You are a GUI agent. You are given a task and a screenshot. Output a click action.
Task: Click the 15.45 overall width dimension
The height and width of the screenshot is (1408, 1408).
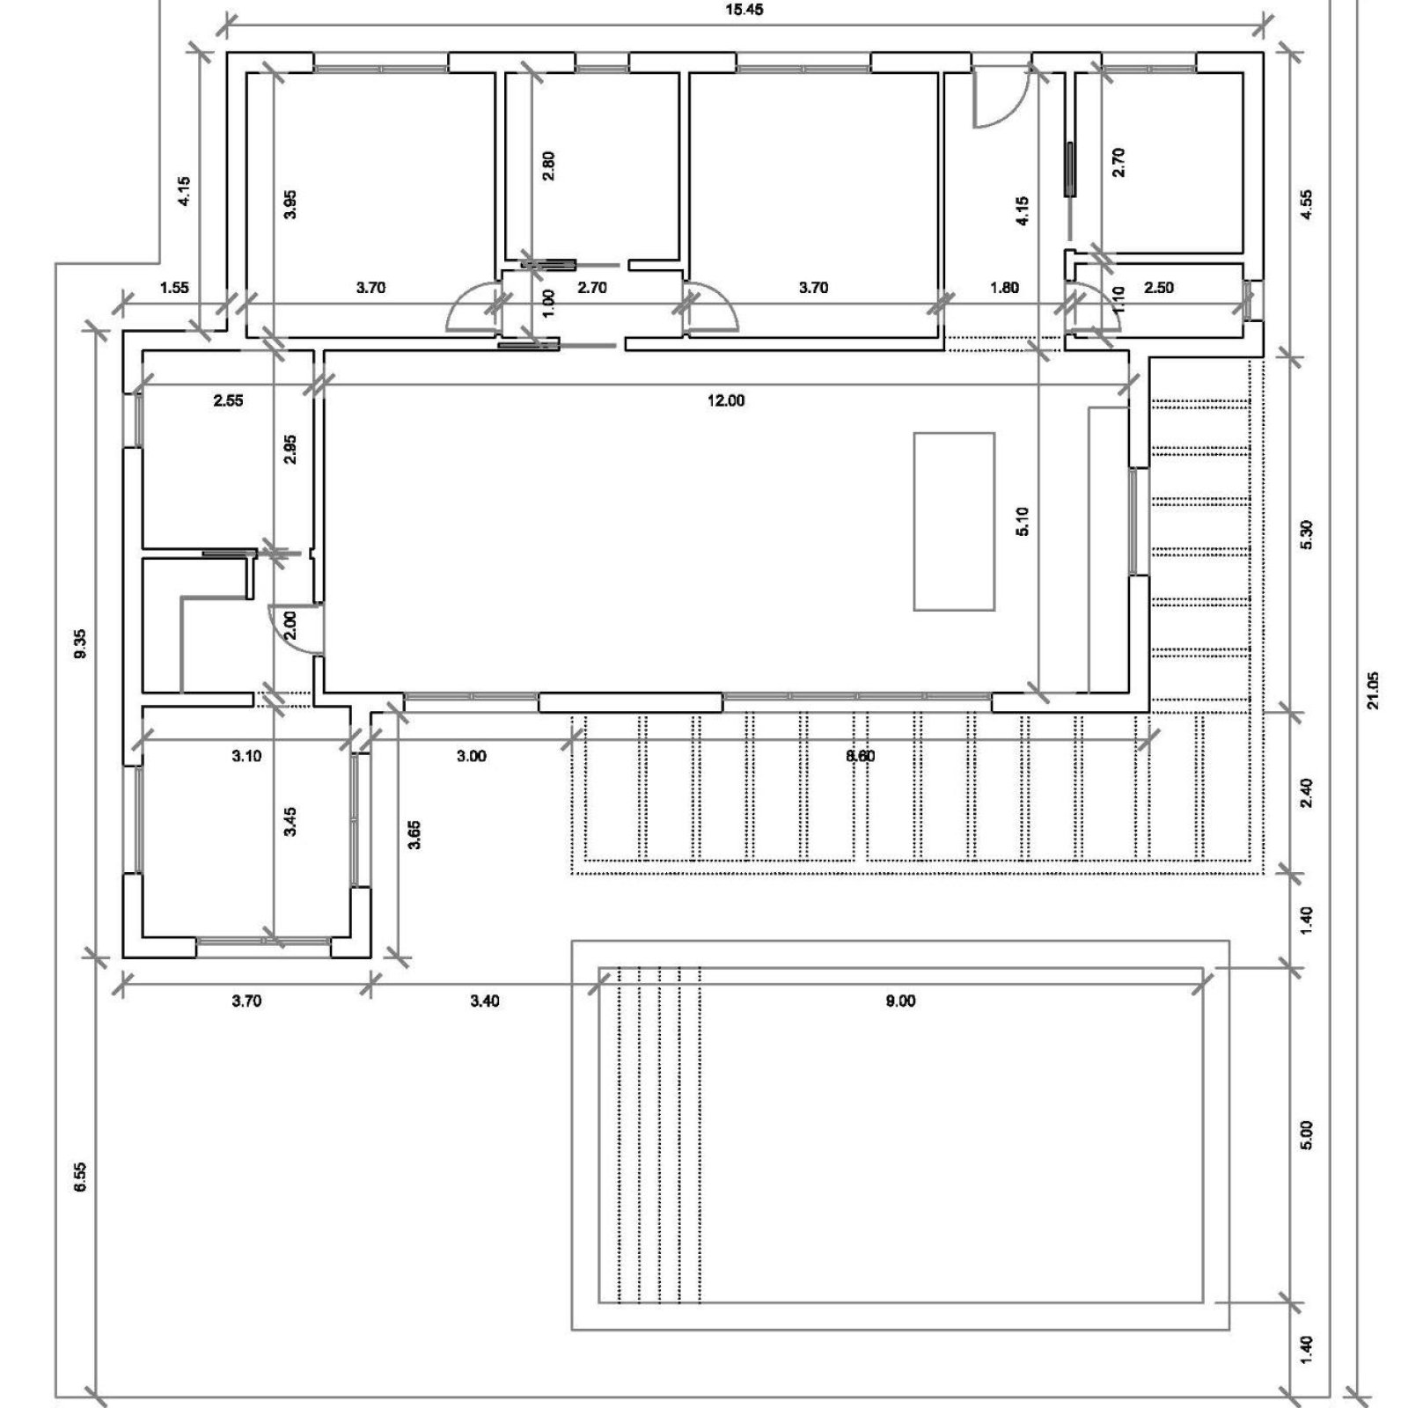(x=744, y=10)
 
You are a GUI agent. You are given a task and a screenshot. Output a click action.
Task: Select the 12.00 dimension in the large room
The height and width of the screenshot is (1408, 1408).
(x=726, y=401)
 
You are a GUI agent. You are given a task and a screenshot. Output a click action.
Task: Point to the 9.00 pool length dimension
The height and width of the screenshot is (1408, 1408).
(x=900, y=1001)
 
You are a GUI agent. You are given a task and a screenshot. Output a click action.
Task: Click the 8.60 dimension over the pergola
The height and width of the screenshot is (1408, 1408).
(x=860, y=756)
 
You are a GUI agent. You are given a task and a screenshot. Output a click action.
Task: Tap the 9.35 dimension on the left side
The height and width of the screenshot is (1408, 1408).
(x=80, y=644)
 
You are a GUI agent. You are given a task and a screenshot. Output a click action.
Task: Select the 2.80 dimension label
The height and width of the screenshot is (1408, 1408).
(x=548, y=166)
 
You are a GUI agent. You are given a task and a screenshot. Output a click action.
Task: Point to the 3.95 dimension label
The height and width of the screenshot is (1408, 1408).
(x=292, y=204)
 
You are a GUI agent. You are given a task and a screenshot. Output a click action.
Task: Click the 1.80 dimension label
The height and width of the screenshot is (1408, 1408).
(x=1004, y=288)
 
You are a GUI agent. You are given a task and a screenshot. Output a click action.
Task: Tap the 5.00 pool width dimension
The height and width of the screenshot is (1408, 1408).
(x=1306, y=1134)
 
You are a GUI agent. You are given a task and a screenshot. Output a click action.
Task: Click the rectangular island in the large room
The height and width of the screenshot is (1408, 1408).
(x=954, y=521)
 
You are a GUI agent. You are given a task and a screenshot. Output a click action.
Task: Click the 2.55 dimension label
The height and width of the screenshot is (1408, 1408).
(x=228, y=401)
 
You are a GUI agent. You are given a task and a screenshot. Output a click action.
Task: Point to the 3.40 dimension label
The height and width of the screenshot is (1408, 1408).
(x=485, y=1001)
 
